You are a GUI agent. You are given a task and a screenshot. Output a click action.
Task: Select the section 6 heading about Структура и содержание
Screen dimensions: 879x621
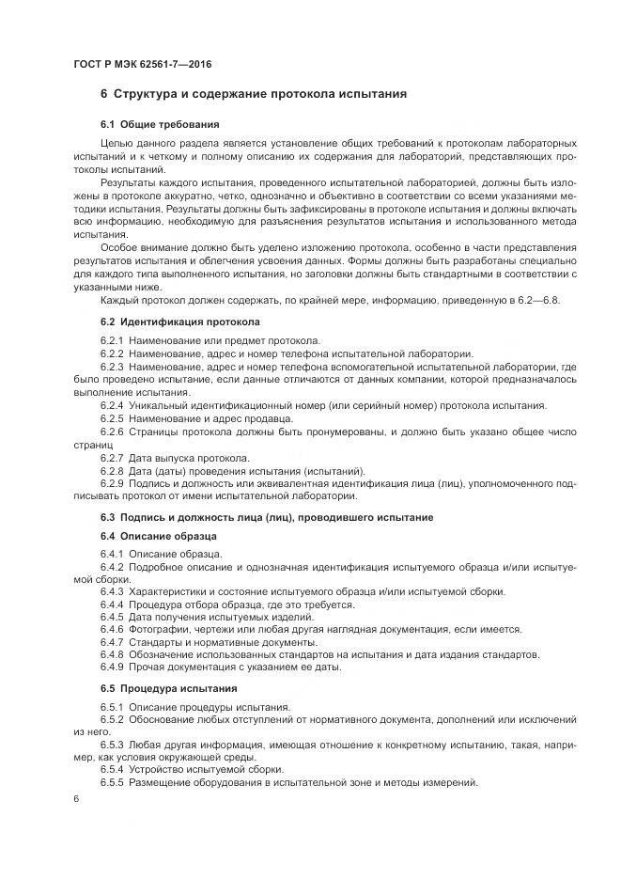click(x=254, y=94)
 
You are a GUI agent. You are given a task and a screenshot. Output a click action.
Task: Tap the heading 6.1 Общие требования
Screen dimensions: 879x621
click(x=160, y=124)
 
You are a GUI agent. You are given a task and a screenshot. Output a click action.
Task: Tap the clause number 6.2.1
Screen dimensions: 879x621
click(x=112, y=339)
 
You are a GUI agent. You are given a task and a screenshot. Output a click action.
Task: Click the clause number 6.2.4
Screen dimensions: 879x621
click(x=112, y=405)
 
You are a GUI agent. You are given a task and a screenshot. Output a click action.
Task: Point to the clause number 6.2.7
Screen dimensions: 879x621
click(x=112, y=458)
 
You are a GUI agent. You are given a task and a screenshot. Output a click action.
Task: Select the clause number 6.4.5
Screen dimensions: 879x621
click(x=112, y=616)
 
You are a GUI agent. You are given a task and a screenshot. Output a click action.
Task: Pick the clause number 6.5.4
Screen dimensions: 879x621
click(x=112, y=770)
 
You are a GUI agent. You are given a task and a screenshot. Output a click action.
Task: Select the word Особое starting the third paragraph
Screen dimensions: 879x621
click(x=119, y=247)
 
